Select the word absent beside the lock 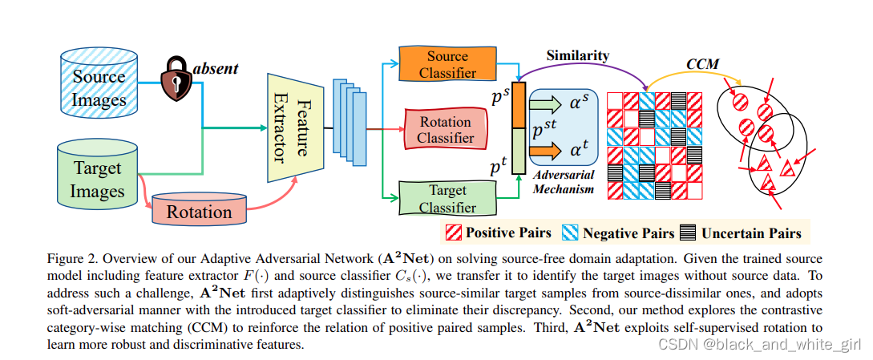tap(215, 68)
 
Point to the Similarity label tap(577, 56)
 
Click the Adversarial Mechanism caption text tap(564, 183)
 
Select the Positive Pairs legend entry tap(499, 233)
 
